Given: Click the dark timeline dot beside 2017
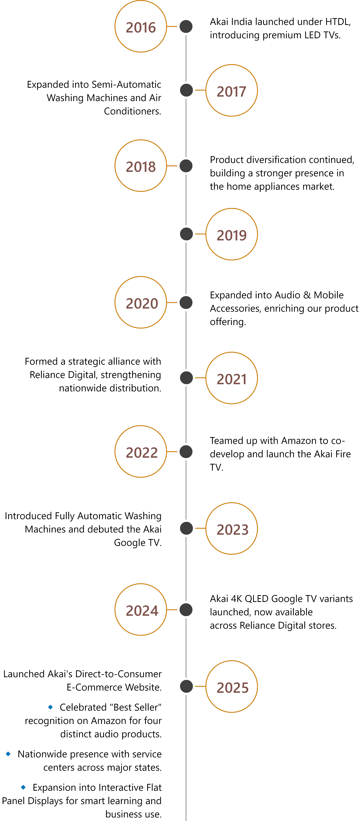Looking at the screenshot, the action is click(x=186, y=90).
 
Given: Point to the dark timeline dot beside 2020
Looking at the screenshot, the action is click(x=186, y=302).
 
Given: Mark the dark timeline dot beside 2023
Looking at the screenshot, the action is click(x=186, y=528).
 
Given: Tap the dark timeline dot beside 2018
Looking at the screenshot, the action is click(x=186, y=166).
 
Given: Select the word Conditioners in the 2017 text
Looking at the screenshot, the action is click(x=132, y=111).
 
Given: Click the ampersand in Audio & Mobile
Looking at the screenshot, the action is click(x=307, y=295).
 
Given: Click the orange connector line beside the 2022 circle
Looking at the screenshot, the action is click(x=172, y=452).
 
